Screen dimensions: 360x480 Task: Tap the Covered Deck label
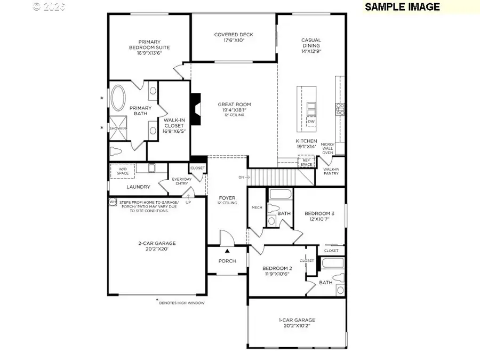[234, 35]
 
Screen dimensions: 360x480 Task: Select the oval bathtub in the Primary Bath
[117, 98]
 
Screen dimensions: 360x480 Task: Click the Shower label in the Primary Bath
[118, 129]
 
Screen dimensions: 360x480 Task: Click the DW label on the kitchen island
[311, 122]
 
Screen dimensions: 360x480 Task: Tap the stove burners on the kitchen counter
[339, 109]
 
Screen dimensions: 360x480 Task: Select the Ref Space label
[306, 163]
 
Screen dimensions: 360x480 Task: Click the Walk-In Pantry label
[331, 172]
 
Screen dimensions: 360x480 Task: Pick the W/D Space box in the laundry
[122, 170]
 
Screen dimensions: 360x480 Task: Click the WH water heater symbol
[113, 202]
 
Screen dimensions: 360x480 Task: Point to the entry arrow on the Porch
[227, 250]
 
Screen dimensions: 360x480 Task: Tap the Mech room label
[257, 207]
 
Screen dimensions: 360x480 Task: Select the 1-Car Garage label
[297, 320]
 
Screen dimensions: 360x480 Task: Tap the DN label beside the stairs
[241, 177]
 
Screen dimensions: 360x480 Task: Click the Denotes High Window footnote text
[182, 302]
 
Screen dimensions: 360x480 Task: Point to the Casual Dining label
[311, 43]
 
